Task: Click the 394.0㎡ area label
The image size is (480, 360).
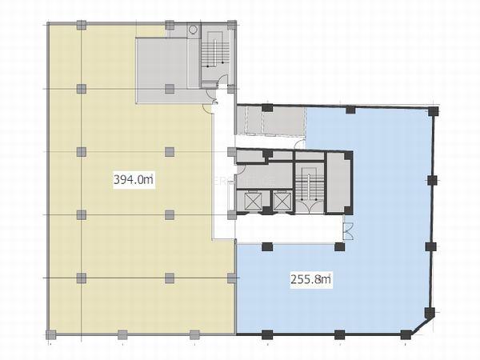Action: coord(134,179)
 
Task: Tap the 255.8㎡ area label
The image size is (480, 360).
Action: coord(310,279)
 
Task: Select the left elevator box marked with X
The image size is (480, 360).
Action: coord(254,201)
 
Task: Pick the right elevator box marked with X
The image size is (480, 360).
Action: coord(282,201)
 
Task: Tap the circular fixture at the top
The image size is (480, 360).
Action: coord(193,30)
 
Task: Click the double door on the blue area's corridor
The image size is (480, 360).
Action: coord(348,231)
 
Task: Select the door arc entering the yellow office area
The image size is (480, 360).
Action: coord(207,109)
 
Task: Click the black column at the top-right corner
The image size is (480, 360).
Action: coord(434,111)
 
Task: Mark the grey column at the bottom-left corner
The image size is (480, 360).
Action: coord(51,334)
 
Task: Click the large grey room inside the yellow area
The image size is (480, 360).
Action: coord(162,70)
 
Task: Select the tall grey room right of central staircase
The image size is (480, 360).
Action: coord(338,182)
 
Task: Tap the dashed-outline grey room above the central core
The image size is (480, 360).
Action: coord(271,121)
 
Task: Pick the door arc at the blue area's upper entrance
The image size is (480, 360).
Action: coord(302,143)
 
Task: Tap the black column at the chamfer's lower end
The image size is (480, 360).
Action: coord(406,334)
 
